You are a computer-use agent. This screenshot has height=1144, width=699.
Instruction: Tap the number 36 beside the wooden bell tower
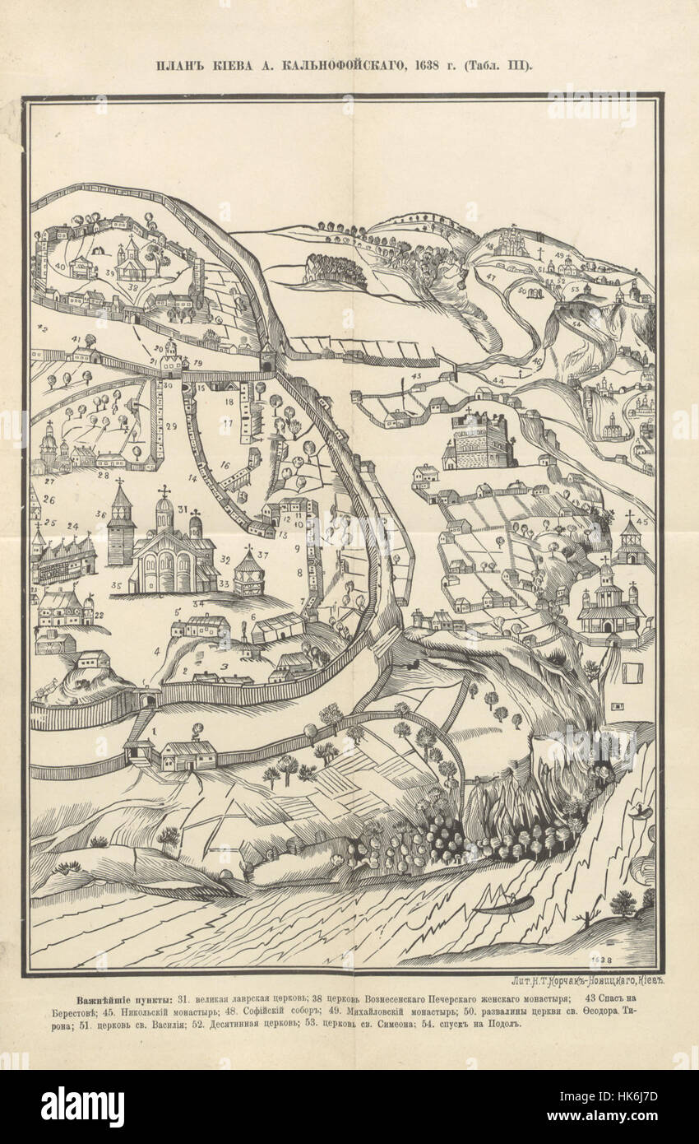pyautogui.click(x=100, y=515)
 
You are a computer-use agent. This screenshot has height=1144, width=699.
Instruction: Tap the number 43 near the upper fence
pyautogui.click(x=416, y=375)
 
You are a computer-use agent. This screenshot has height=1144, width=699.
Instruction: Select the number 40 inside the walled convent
pyautogui.click(x=61, y=267)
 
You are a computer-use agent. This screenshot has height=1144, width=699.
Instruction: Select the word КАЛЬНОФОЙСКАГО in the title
pyautogui.click(x=353, y=66)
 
